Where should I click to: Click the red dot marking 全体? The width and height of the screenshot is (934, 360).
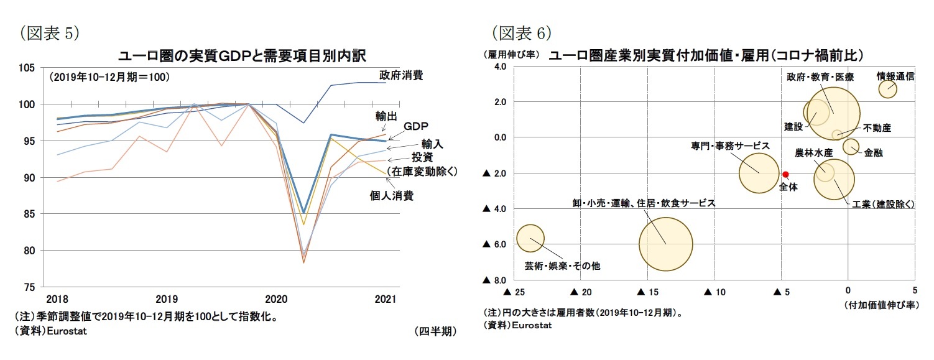tap(785, 174)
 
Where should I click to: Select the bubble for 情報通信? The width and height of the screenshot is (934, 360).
tap(887, 89)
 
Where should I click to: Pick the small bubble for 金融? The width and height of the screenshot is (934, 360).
tap(851, 146)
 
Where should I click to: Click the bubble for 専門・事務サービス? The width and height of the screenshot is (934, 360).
tap(759, 172)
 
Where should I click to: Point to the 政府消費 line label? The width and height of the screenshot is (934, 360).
tap(401, 75)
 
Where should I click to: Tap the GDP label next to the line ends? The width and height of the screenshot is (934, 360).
tap(416, 126)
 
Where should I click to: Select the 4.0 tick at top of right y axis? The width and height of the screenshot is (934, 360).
tap(501, 67)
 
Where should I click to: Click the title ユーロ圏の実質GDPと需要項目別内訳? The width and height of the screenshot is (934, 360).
tap(242, 55)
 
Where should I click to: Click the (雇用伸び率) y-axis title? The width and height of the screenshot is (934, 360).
tap(511, 55)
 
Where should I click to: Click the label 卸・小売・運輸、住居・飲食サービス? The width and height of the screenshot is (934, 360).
tap(644, 203)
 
